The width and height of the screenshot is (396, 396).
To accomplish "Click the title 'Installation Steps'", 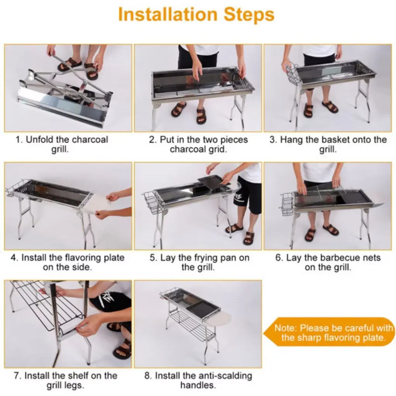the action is pos(196,15).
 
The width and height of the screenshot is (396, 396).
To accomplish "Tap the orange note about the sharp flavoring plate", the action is pos(330,332).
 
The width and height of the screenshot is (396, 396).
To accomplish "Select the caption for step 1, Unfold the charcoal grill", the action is pos(61,144).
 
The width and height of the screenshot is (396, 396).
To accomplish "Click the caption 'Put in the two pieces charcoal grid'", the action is pos(198,144).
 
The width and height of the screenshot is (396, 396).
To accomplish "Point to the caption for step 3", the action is pos(328,144).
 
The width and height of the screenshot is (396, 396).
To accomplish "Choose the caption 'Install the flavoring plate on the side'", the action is pos(67,262).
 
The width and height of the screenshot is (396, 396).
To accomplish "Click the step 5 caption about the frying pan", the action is pos(199,262).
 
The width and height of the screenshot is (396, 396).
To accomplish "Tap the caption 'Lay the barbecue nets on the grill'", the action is pos(328,262).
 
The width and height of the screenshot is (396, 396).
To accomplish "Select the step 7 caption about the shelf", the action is pos(65,380).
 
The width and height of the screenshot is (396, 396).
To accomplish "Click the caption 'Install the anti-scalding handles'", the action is pos(198,380).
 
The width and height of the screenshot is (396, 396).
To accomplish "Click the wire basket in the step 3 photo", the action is pos(292,72).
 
